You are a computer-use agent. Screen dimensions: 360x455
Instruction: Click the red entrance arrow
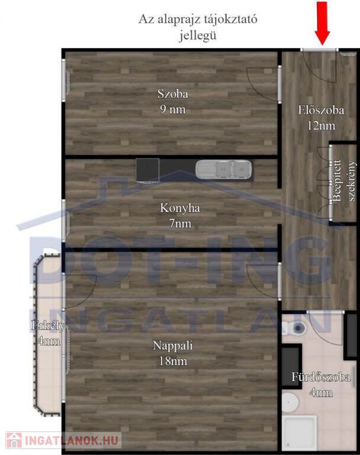[x=323, y=23]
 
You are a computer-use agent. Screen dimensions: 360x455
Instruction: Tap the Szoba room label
[x=173, y=94]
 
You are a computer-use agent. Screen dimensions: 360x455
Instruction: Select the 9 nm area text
[x=173, y=110]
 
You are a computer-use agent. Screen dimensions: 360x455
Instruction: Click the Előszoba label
[x=321, y=110]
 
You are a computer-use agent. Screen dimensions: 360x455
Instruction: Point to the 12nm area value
[x=321, y=126]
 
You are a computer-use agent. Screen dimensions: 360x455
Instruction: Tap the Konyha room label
[x=180, y=208]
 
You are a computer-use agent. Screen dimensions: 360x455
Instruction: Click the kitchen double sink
[x=223, y=169]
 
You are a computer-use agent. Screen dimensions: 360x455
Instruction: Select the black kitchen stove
[x=147, y=171]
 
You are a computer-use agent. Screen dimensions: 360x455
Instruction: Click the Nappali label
[x=173, y=345]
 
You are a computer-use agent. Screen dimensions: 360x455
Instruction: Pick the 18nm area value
[x=173, y=361]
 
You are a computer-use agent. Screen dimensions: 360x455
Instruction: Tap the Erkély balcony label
[x=48, y=326]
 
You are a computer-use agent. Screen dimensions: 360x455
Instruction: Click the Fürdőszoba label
[x=321, y=377]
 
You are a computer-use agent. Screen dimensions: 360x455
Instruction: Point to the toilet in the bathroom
[x=294, y=328]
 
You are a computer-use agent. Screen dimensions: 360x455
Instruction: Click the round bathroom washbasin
[x=290, y=402]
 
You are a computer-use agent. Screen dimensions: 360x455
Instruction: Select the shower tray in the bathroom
[x=299, y=433]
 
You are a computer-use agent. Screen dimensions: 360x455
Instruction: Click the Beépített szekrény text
[x=344, y=181]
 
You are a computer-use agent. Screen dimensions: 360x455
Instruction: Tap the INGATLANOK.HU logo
[x=63, y=441]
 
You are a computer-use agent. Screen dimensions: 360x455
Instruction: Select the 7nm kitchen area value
[x=180, y=224]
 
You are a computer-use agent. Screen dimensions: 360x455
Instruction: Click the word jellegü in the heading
[x=198, y=36]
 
